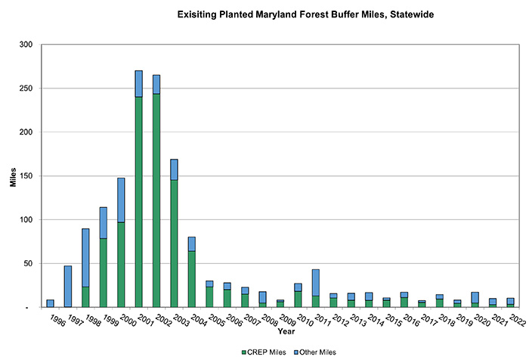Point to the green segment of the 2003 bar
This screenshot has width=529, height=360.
click(x=174, y=242)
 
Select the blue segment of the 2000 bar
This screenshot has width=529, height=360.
click(x=121, y=200)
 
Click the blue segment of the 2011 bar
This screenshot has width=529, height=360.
click(x=315, y=282)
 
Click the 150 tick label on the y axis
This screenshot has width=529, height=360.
click(x=29, y=176)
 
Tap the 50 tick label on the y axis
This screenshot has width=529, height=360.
click(x=31, y=264)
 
